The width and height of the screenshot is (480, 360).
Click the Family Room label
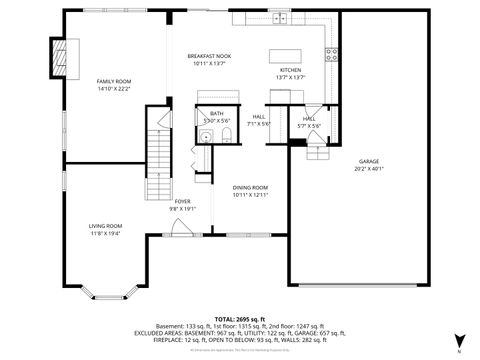click(113, 81)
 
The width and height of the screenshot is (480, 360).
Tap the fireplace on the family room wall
click(61, 51)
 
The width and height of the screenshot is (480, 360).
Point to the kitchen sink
click(283, 18)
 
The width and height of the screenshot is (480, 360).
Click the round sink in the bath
click(207, 135)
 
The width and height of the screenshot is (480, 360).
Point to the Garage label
click(369, 161)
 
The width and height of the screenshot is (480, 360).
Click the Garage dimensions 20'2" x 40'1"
click(369, 169)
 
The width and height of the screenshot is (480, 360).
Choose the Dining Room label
click(250, 188)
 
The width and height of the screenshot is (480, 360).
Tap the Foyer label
click(183, 201)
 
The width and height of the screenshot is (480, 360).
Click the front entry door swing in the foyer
click(181, 231)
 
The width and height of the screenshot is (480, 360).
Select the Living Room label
click(105, 226)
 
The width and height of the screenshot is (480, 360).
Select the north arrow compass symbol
click(458, 340)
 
